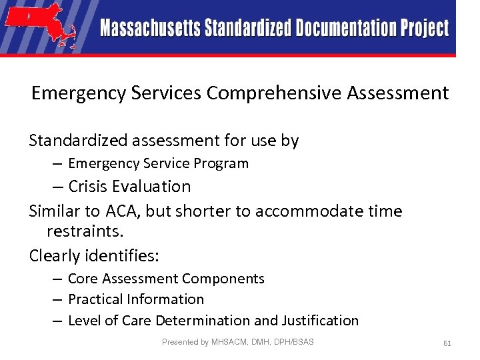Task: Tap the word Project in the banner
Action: tap(425, 29)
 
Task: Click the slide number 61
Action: tap(447, 343)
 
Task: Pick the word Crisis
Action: tap(89, 187)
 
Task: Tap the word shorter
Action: tap(211, 212)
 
